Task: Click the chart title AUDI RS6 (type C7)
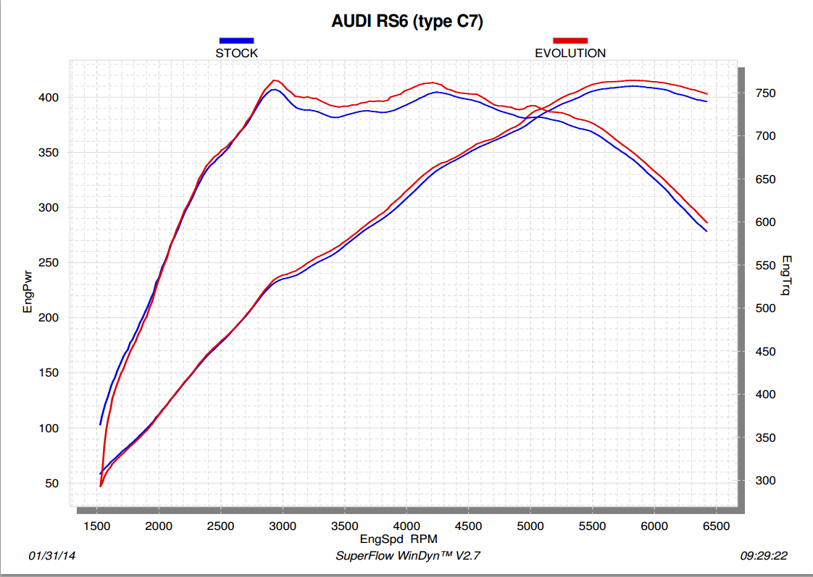407,22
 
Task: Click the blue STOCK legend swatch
236,41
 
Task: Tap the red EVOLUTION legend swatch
570,41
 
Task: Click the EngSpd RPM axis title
399,539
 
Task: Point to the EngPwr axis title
28,290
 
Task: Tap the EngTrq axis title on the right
786,277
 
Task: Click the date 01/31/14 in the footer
52,556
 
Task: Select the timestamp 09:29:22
764,556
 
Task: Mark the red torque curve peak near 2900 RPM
275,80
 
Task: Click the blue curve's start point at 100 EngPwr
100,424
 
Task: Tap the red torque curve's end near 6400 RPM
706,222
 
